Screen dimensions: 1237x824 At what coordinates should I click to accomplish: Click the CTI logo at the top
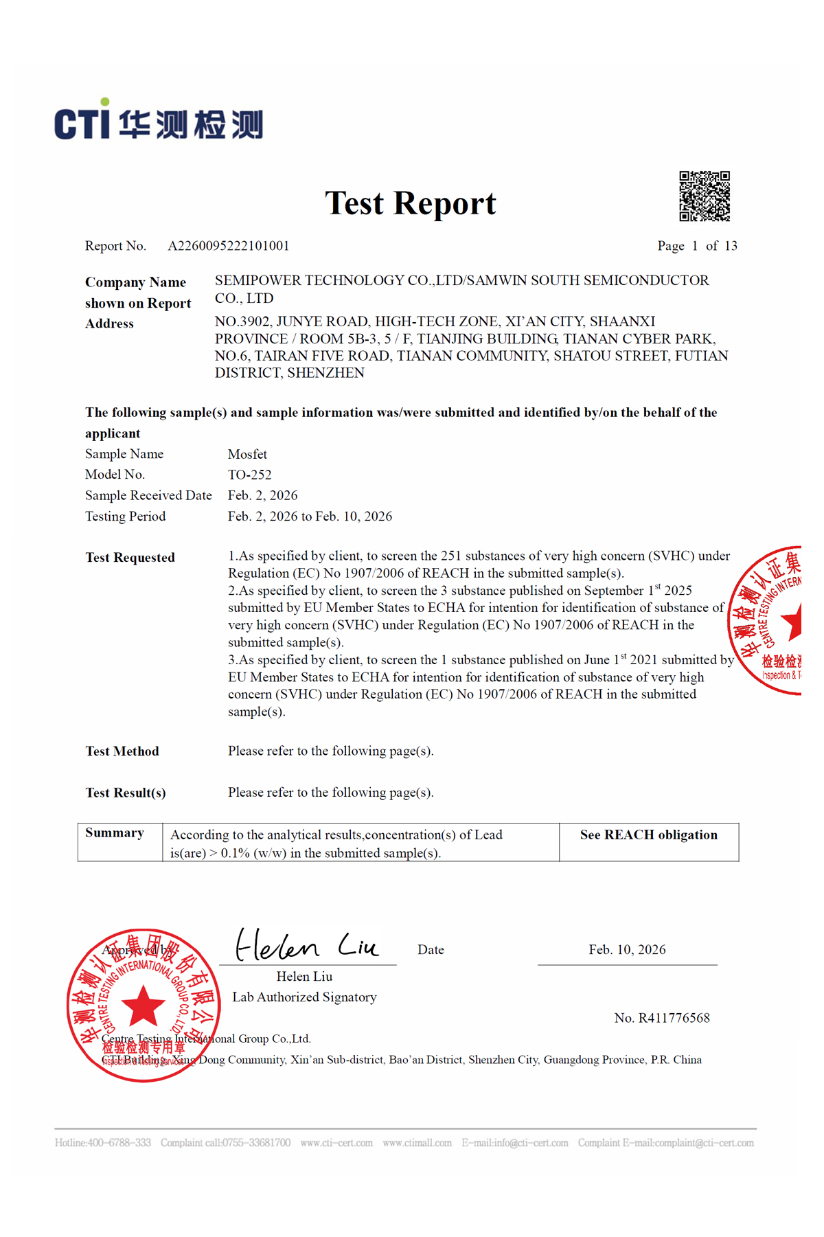click(x=158, y=121)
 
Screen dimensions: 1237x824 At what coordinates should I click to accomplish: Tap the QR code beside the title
click(x=705, y=196)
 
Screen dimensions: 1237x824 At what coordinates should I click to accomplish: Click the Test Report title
click(x=411, y=203)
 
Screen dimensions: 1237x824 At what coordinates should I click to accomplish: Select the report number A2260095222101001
click(x=229, y=246)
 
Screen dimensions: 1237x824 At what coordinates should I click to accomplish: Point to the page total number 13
click(x=731, y=246)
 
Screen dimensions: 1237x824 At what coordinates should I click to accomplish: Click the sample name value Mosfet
click(x=247, y=454)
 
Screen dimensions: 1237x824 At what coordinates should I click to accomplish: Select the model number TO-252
click(x=250, y=475)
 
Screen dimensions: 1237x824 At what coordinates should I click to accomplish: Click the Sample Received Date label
click(x=148, y=495)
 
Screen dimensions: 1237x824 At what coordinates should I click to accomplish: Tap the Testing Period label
click(x=125, y=517)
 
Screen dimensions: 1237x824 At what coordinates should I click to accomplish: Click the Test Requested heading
click(x=130, y=558)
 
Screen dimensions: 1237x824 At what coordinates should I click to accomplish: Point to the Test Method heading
click(x=122, y=751)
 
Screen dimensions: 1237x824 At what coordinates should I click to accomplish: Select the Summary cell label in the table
click(x=115, y=833)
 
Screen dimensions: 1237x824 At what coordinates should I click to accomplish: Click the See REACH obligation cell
click(x=649, y=835)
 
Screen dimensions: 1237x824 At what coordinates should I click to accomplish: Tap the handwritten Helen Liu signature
click(x=306, y=946)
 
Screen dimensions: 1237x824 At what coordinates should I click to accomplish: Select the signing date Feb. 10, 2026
click(x=627, y=950)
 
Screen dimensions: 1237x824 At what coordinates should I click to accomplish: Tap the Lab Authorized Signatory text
click(x=304, y=997)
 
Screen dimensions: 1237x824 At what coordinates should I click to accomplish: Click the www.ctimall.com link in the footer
click(x=417, y=1143)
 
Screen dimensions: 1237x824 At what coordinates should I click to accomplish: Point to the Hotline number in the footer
click(x=103, y=1143)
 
